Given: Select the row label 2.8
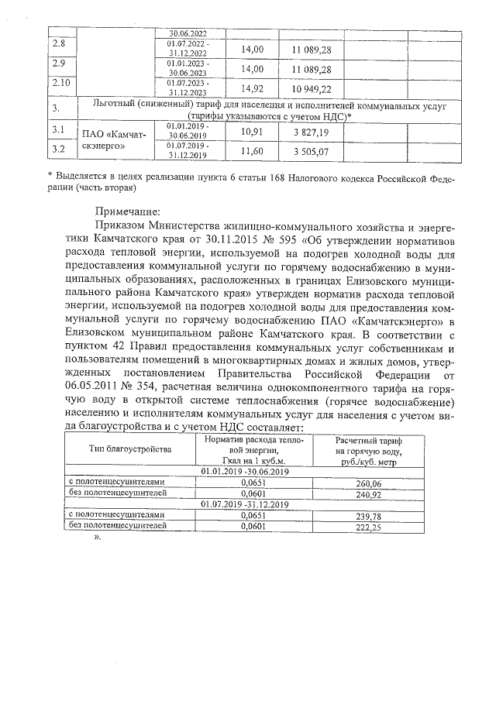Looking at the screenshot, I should [59, 45].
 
